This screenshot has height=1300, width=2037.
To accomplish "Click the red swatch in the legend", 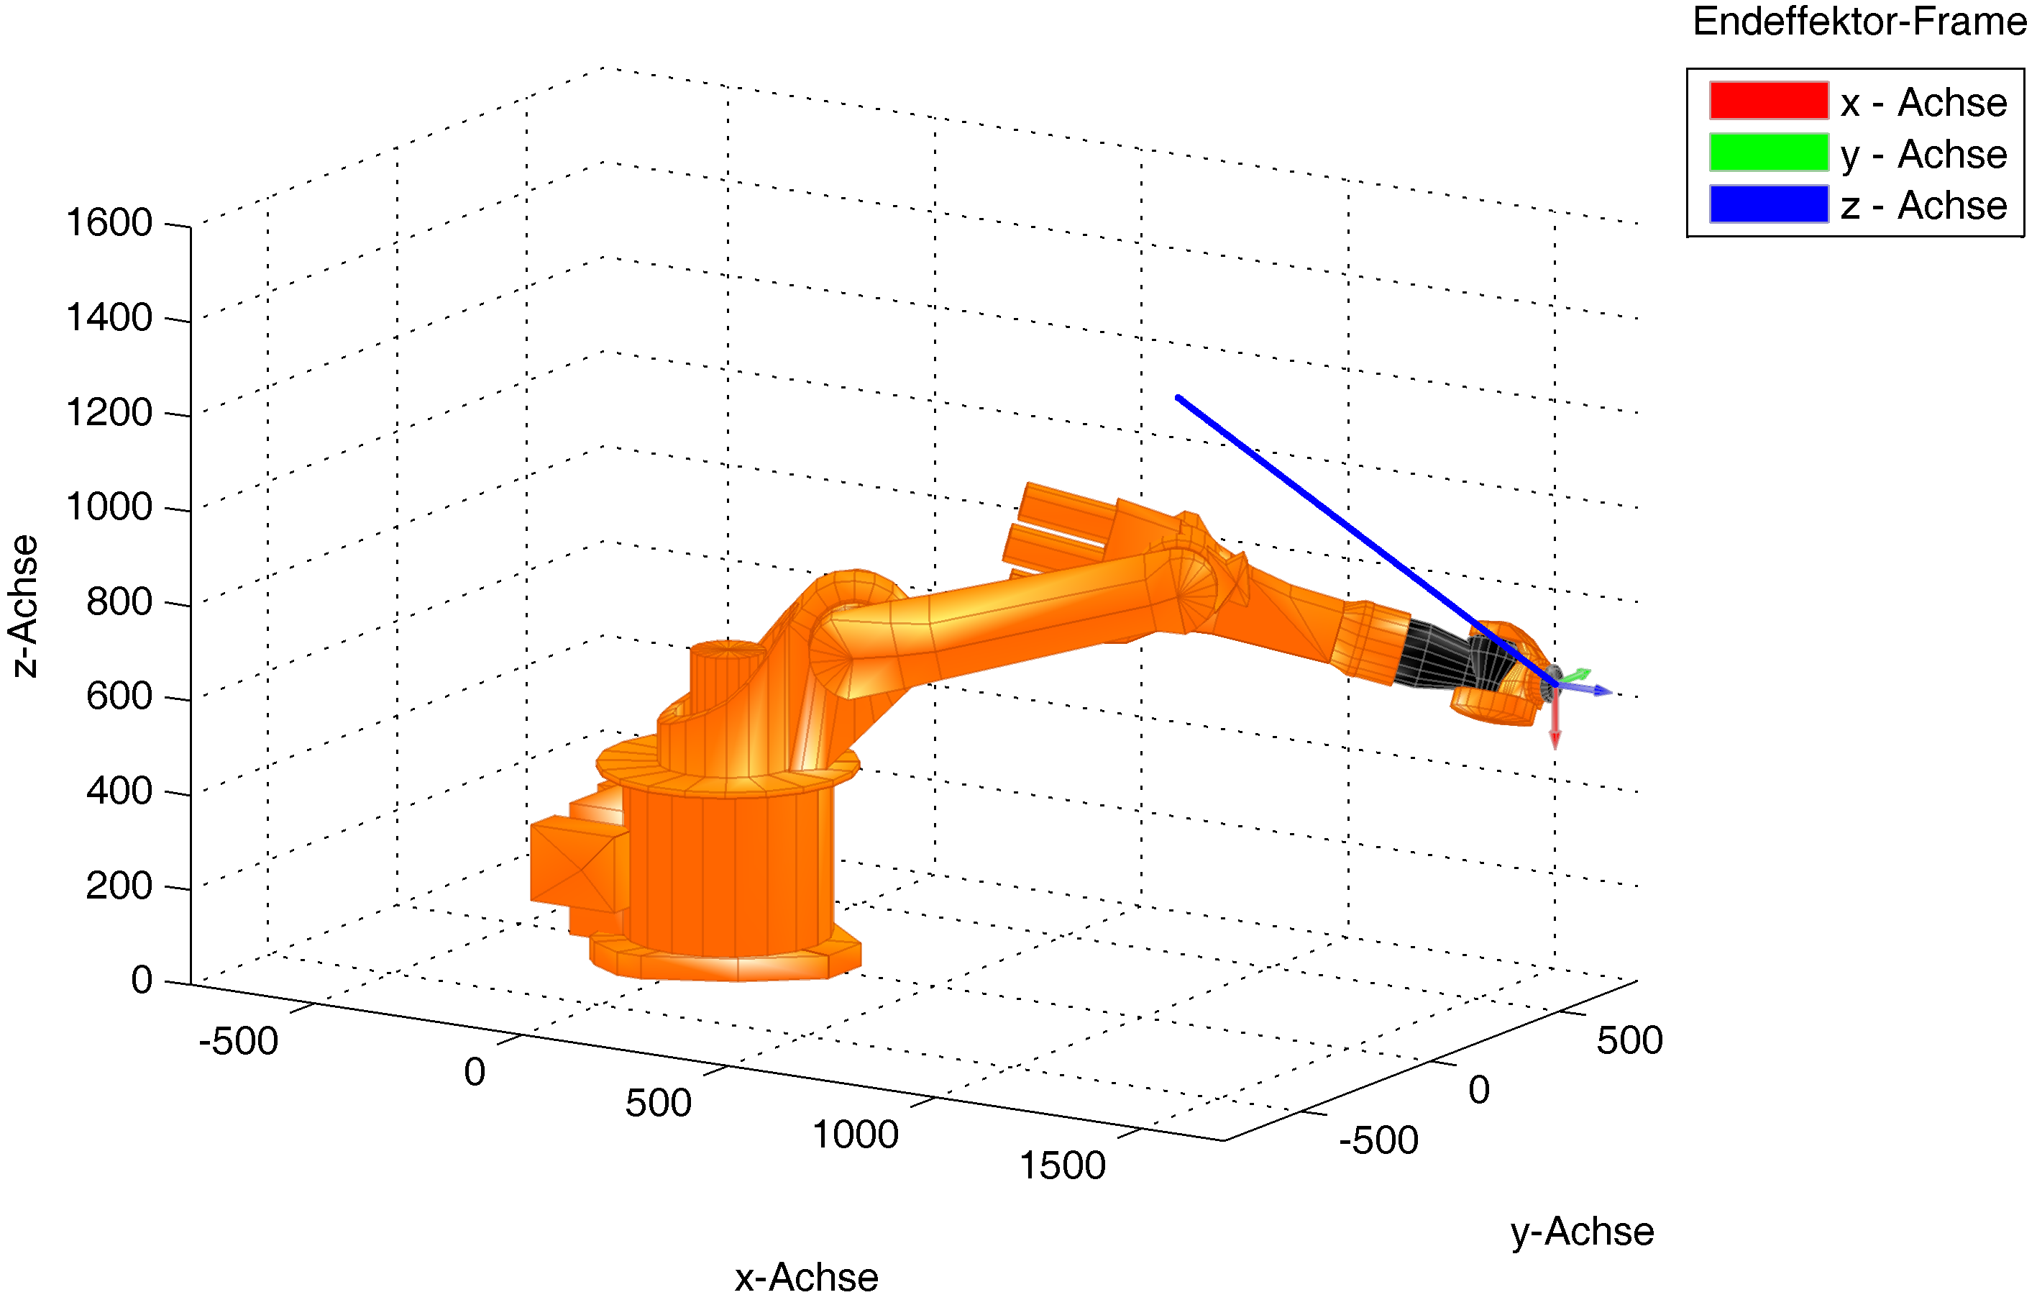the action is click(x=1769, y=101).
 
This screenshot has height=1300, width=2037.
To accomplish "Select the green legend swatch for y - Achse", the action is click(x=1769, y=153).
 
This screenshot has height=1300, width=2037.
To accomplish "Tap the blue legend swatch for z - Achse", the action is click(x=1769, y=204).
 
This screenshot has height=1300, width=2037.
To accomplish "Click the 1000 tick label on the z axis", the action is click(x=109, y=507).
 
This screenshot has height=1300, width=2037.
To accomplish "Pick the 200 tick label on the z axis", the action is click(x=119, y=886).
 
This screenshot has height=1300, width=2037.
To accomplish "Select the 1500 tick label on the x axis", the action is click(x=1063, y=1166).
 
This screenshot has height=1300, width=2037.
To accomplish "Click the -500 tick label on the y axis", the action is click(x=1378, y=1140).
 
